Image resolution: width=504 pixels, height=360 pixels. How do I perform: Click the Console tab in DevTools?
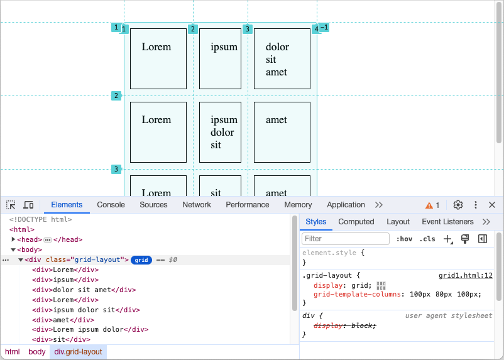[111, 205]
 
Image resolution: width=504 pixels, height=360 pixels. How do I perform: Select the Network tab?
[197, 205]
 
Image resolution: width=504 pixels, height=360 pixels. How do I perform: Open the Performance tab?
[248, 205]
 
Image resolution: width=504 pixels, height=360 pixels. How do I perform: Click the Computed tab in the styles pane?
[356, 222]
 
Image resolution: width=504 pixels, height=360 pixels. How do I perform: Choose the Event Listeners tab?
[447, 222]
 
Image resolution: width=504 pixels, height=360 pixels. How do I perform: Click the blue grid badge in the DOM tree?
[141, 260]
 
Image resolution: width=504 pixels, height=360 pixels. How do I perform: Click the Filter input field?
[346, 239]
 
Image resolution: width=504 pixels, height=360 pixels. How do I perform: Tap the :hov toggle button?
[404, 239]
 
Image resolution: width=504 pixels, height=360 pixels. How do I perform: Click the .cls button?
[427, 239]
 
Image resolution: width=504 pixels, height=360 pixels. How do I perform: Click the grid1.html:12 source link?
[465, 275]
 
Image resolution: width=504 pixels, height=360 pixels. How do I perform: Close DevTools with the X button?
[492, 205]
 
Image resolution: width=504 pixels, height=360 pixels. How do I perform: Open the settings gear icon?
[458, 205]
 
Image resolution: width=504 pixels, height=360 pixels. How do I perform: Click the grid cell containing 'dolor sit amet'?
[282, 58]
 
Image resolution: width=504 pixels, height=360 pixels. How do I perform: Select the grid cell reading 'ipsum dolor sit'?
[221, 132]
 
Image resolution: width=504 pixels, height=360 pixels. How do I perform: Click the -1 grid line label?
[324, 28]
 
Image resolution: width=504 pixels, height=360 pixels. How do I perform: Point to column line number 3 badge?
[248, 29]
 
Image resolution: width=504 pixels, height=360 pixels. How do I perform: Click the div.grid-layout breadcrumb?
[78, 352]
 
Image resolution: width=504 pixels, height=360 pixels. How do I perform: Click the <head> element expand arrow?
[14, 239]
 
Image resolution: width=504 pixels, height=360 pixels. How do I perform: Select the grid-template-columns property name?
[359, 294]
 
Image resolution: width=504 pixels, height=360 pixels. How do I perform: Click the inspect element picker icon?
[11, 205]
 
